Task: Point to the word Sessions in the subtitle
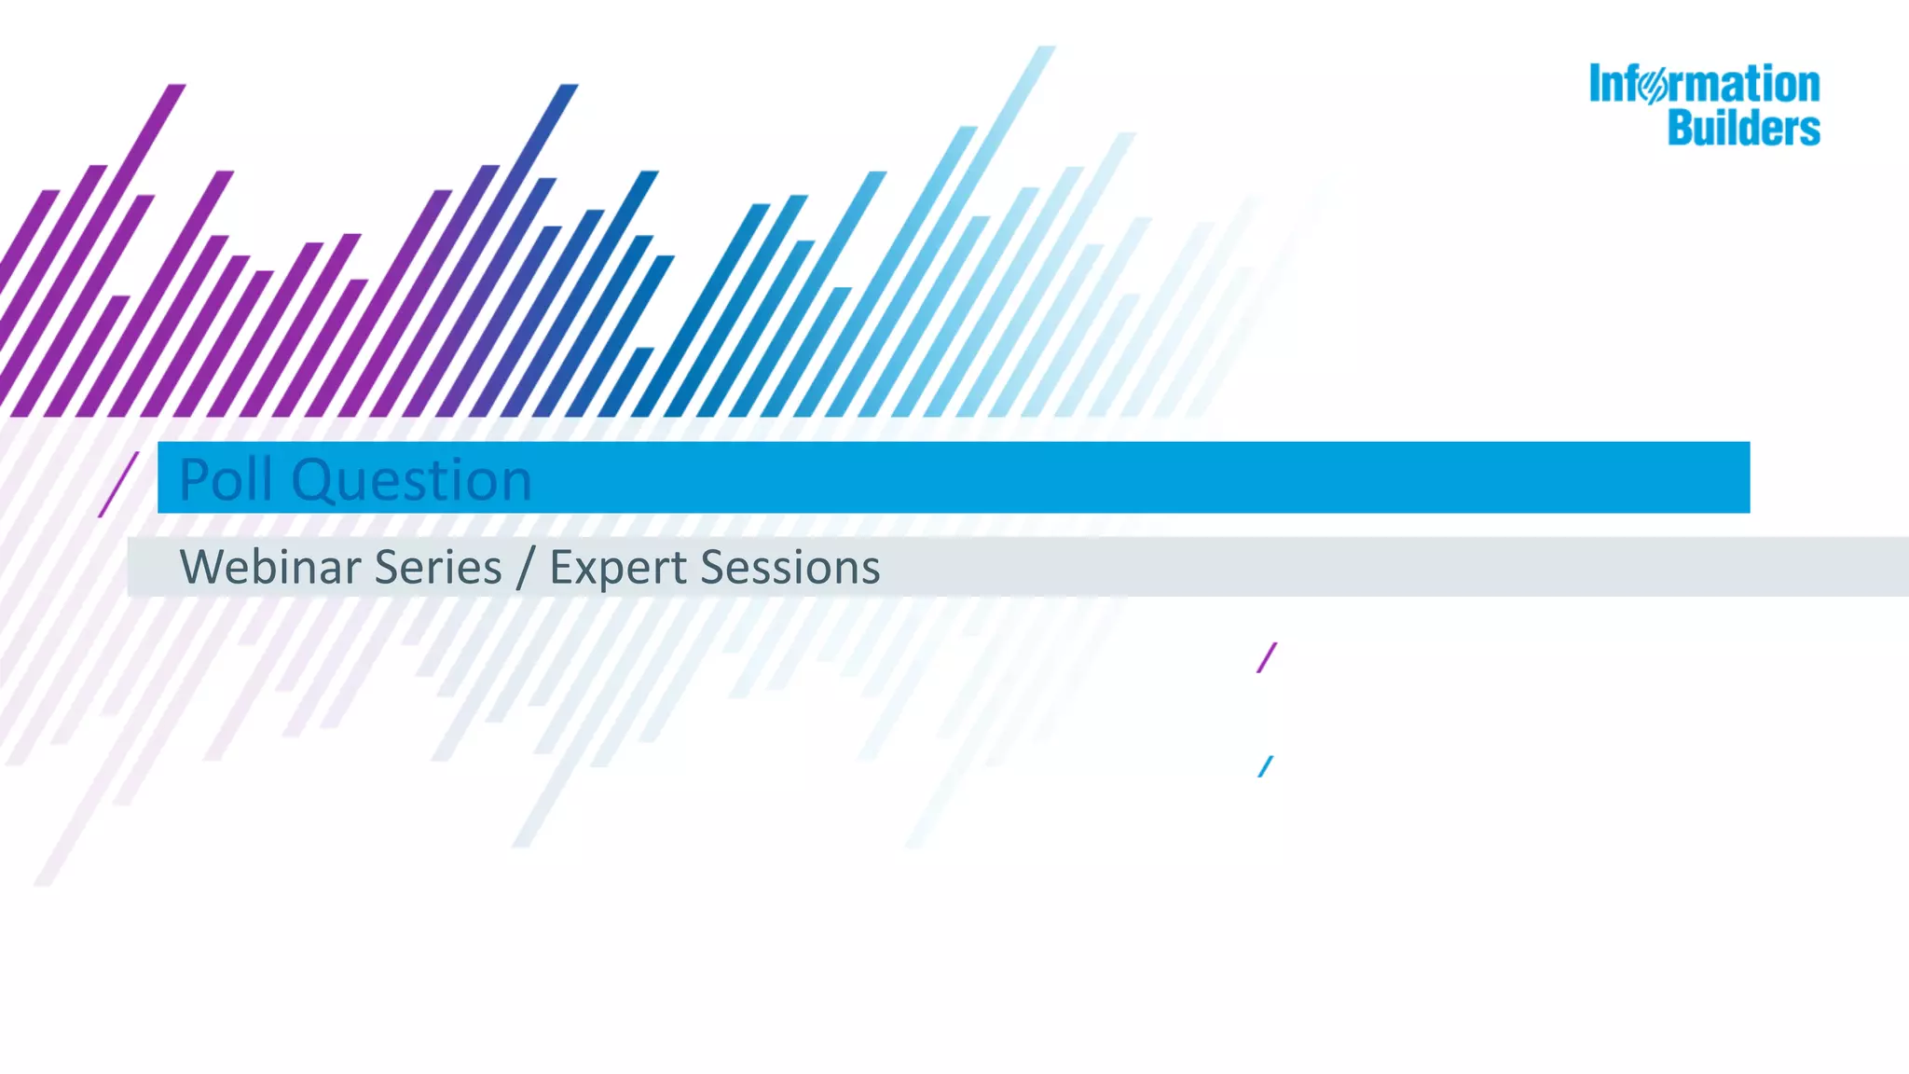tap(790, 567)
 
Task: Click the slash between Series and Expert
tap(526, 567)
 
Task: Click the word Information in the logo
tap(1704, 85)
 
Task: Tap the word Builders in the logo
tap(1743, 128)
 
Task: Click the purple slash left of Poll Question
tap(118, 484)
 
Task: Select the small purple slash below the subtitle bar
tap(1267, 657)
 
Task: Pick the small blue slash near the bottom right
tap(1265, 766)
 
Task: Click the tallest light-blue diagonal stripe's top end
tap(1046, 51)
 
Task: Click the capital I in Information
tap(1596, 84)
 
